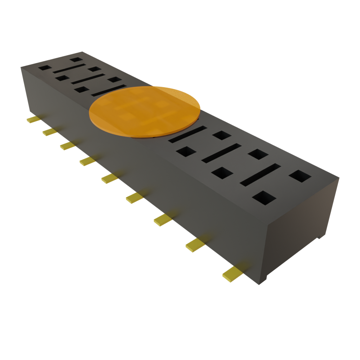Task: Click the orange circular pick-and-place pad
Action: [x=144, y=111]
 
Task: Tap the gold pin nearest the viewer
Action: [x=232, y=273]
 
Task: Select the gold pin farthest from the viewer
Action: [x=33, y=120]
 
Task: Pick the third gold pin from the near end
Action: [x=163, y=220]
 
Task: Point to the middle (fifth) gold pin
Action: [x=109, y=178]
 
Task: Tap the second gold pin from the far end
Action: [x=50, y=132]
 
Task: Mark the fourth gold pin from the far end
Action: [x=87, y=161]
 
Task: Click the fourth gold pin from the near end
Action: [x=135, y=198]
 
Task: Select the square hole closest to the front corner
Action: [x=264, y=198]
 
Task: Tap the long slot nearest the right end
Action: [x=261, y=174]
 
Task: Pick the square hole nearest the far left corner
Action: [x=45, y=67]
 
